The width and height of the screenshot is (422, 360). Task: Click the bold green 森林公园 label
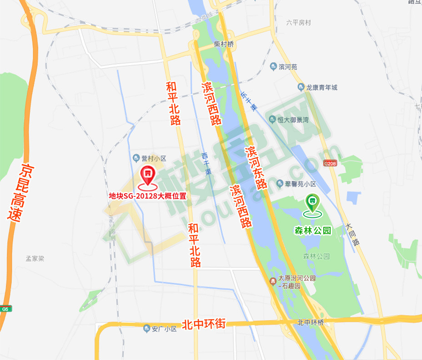point(313,231)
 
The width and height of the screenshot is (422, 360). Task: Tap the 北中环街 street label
point(204,324)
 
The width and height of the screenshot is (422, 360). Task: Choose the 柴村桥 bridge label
point(224,45)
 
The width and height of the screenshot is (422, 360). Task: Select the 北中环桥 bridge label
point(311,323)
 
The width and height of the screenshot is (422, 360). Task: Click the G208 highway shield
point(330,163)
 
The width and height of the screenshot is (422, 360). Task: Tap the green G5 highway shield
point(5,309)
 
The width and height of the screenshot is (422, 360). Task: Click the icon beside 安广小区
point(146,328)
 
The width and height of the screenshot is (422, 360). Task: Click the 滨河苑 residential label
point(288,67)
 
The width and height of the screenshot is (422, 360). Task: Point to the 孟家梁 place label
point(35,259)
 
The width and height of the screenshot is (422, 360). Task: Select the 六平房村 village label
point(298,22)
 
